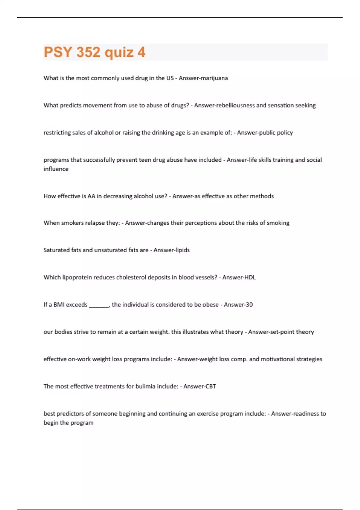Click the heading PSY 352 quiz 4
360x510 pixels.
pyautogui.click(x=94, y=52)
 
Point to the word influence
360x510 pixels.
pyautogui.click(x=56, y=169)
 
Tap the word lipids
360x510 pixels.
pyautogui.click(x=181, y=250)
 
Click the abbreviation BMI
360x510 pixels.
pyautogui.click(x=59, y=305)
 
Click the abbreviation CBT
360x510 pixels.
pyautogui.click(x=210, y=386)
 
